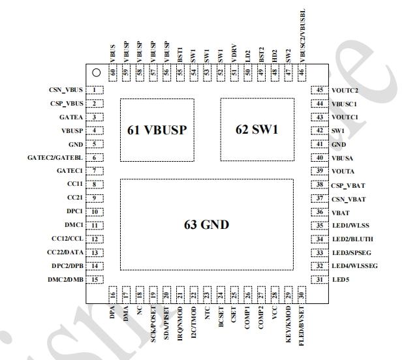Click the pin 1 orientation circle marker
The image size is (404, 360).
point(95,73)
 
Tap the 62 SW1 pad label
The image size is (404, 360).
point(256,129)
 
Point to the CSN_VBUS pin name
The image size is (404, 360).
point(66,90)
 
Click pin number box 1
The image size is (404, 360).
point(95,90)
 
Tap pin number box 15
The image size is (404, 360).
point(95,280)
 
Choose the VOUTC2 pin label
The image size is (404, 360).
point(346,90)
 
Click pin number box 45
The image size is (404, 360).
point(320,90)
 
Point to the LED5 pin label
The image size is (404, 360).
point(341,280)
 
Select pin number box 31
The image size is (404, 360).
point(320,280)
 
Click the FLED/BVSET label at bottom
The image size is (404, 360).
point(302,325)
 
